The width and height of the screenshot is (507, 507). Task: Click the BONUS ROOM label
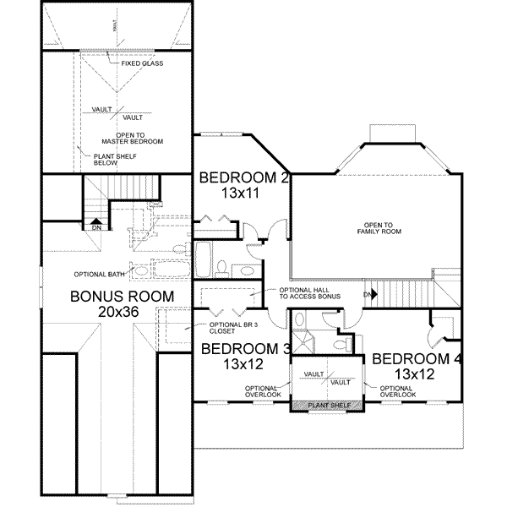point(122,297)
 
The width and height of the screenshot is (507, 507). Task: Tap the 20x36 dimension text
point(122,312)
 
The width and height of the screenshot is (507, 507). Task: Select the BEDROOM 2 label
point(244,178)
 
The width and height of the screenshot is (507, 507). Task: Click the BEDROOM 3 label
point(243,349)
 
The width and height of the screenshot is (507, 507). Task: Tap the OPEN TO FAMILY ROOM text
point(377,227)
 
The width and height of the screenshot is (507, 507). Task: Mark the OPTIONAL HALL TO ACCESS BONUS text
point(308,292)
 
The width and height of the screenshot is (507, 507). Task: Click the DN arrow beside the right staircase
point(369,294)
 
